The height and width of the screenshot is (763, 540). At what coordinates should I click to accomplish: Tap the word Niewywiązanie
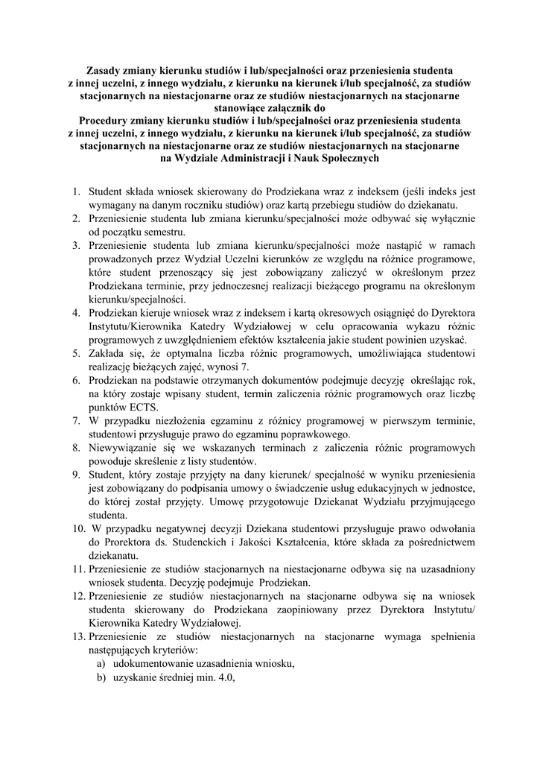(x=124, y=448)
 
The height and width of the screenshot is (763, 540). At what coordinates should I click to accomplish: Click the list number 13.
(x=77, y=636)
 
